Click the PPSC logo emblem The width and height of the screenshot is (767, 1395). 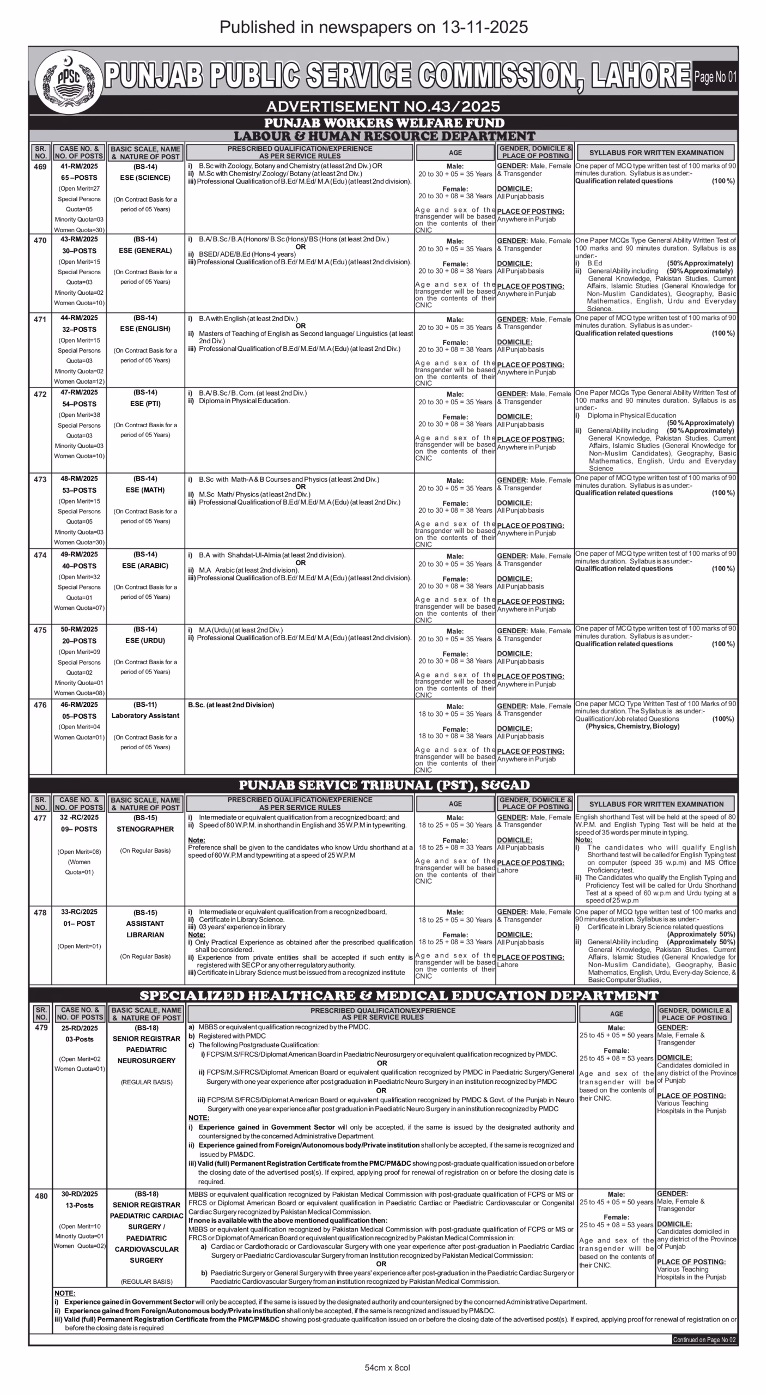pos(69,81)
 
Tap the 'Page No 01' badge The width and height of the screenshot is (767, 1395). pos(715,77)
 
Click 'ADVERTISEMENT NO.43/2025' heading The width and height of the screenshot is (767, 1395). pos(383,106)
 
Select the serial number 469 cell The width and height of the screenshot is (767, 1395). pos(40,167)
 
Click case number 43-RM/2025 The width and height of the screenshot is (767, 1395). pos(80,239)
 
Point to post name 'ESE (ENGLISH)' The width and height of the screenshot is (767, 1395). pos(145,329)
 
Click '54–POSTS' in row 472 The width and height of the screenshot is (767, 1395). pos(80,404)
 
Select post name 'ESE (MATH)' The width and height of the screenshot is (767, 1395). pos(145,490)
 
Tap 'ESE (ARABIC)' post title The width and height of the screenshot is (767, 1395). pos(145,566)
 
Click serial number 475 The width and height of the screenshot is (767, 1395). pos(40,630)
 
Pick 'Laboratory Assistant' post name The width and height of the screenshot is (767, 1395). pos(145,715)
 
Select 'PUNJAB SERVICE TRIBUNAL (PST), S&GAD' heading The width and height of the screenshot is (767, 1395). pos(384,785)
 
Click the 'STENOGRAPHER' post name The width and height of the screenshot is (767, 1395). pos(145,829)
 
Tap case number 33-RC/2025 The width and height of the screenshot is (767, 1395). pos(80,912)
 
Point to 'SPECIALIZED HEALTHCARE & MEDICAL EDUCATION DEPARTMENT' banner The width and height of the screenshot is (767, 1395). pos(399,996)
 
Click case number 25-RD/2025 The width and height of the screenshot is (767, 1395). pos(80,1028)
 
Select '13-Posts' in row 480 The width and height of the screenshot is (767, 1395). pos(80,1205)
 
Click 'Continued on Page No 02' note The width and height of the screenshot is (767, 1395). pos(704,1339)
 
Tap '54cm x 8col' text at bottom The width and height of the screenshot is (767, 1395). pos(387,1368)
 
